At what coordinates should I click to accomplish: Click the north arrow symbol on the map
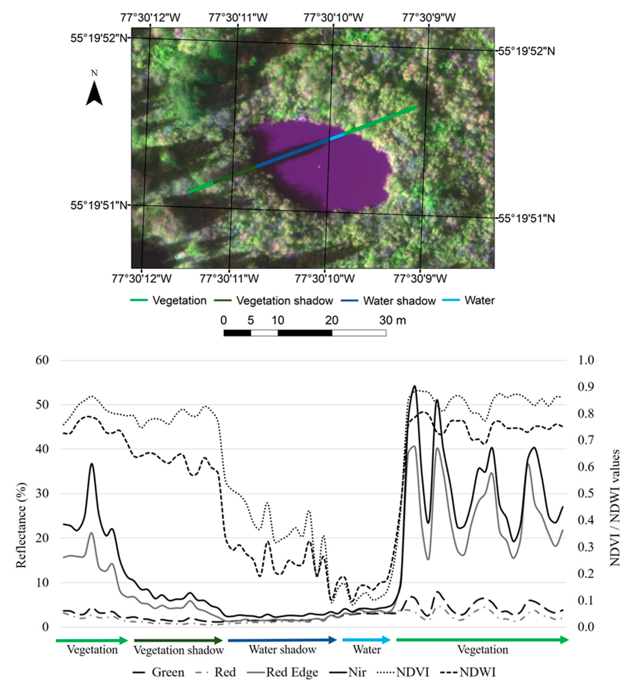click(94, 93)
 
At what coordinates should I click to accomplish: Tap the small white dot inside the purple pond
click(319, 167)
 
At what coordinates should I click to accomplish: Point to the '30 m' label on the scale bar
click(393, 320)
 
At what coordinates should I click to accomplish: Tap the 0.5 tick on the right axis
click(586, 493)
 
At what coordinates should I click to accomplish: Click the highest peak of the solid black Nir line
click(414, 386)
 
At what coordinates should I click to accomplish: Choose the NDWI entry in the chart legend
click(477, 672)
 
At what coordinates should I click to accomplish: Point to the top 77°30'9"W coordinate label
click(429, 18)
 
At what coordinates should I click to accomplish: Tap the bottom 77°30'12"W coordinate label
click(141, 279)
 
